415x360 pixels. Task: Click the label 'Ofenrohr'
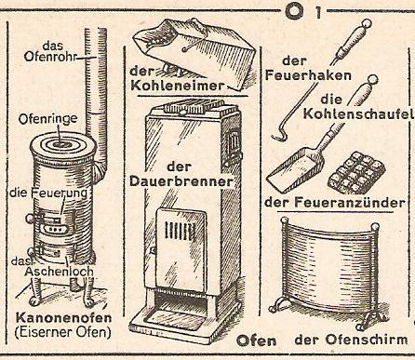click(x=50, y=57)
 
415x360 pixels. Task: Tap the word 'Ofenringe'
click(x=47, y=119)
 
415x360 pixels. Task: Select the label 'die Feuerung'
click(x=48, y=193)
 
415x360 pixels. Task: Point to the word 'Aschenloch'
click(x=59, y=272)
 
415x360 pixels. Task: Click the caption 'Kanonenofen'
click(x=63, y=318)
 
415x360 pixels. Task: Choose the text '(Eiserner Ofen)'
click(x=62, y=332)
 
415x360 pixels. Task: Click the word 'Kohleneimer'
click(x=177, y=86)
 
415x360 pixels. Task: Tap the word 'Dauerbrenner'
click(x=181, y=181)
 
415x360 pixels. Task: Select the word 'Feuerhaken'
click(x=308, y=75)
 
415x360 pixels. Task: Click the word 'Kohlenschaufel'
click(x=358, y=113)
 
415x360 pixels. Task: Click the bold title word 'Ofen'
click(x=256, y=340)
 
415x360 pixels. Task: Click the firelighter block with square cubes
click(x=356, y=172)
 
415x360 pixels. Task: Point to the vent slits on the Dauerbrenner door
click(x=180, y=231)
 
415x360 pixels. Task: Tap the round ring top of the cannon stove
click(x=63, y=146)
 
